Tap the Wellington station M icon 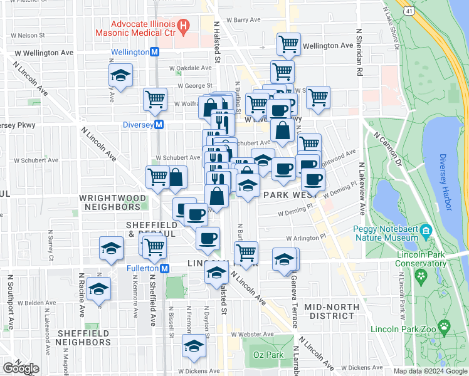click(x=153, y=52)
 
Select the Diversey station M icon click(x=159, y=125)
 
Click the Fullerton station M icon click(x=164, y=268)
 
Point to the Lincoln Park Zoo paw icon click(x=445, y=325)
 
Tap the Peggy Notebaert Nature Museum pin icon click(x=426, y=230)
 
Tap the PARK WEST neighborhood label click(x=288, y=196)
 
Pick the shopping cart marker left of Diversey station click(x=155, y=98)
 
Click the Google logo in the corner click(x=21, y=368)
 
